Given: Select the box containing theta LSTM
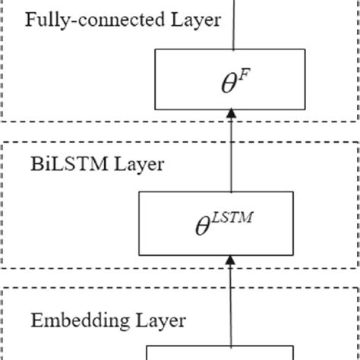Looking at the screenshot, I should (x=227, y=223).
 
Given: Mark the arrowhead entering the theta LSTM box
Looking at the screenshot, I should (x=229, y=260).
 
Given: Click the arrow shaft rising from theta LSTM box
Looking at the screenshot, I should (x=229, y=156).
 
